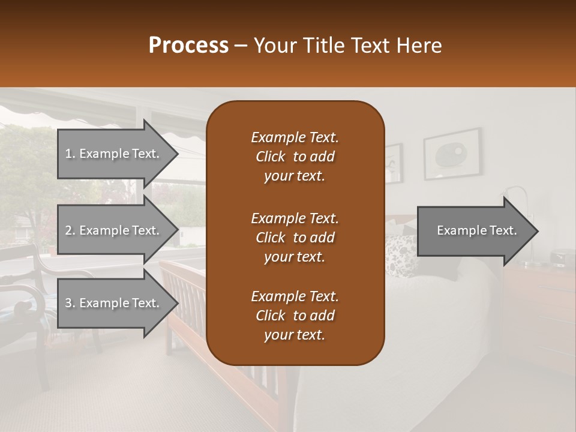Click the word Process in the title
[188, 46]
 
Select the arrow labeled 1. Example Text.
[114, 154]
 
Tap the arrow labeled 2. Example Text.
[114, 230]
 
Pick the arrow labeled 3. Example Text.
[114, 303]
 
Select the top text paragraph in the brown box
[295, 157]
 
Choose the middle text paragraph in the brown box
[295, 237]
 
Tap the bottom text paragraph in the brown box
[295, 316]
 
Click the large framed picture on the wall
[452, 154]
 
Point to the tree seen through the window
[27, 174]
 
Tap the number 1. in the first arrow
[70, 154]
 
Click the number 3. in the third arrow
[70, 303]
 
